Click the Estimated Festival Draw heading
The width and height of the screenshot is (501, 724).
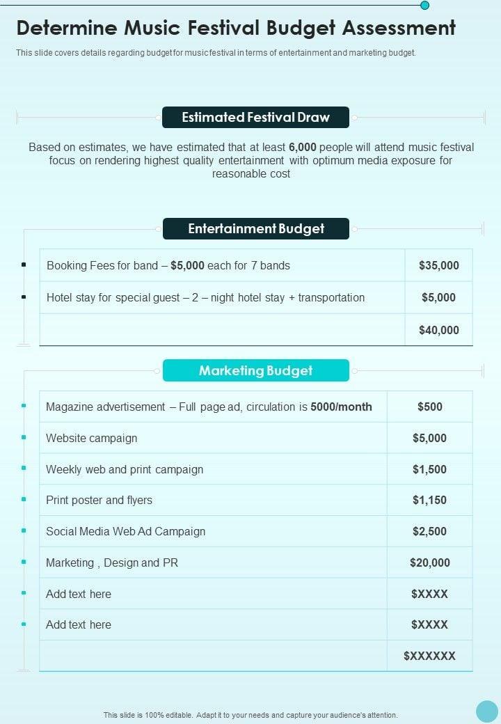point(255,117)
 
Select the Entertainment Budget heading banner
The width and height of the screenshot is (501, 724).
point(255,228)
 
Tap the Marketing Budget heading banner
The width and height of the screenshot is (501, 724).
point(255,370)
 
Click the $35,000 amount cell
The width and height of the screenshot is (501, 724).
point(439,265)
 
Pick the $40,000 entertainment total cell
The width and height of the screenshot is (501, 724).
point(439,330)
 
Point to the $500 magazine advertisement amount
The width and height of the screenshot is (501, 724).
point(429,407)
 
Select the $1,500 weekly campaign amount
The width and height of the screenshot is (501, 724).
point(429,469)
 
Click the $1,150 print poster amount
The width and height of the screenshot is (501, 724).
point(429,500)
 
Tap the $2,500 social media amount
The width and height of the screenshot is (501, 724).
point(429,531)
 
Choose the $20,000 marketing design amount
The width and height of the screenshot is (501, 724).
point(429,562)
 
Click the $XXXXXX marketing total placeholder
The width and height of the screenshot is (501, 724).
point(429,656)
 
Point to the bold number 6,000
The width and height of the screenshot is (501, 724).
point(303,147)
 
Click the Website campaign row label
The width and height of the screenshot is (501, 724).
point(91,438)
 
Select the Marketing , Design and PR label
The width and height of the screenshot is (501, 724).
point(112,562)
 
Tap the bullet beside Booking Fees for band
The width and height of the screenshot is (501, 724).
point(24,265)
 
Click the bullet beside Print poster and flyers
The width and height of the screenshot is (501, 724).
point(24,500)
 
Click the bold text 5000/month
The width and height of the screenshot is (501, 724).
point(341,407)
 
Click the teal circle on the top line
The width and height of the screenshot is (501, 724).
point(424,6)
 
